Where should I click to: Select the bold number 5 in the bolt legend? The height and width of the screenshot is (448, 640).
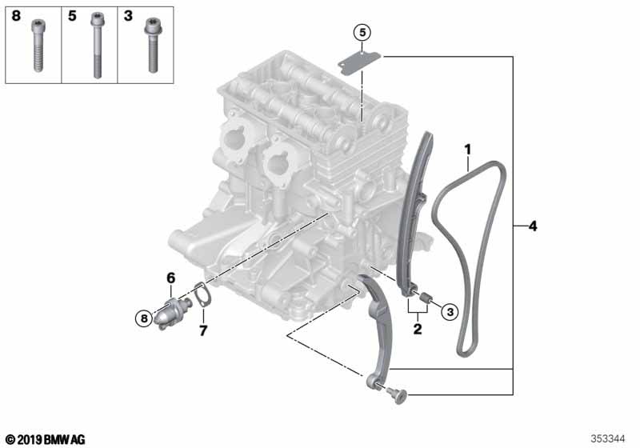point(71,16)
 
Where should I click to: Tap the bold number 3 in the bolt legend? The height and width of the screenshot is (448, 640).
point(127,16)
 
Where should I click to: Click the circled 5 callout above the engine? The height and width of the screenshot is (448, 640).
point(362,33)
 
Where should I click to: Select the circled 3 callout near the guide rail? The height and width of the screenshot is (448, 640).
point(449,311)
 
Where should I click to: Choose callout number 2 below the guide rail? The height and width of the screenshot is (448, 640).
point(417,327)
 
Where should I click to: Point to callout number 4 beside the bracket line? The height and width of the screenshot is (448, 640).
point(533,226)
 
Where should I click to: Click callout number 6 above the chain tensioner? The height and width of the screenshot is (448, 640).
point(170,278)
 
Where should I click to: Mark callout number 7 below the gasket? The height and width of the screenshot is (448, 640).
point(202,330)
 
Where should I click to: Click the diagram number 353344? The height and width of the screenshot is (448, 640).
point(609,438)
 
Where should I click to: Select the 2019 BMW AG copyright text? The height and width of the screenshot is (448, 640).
point(45,438)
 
